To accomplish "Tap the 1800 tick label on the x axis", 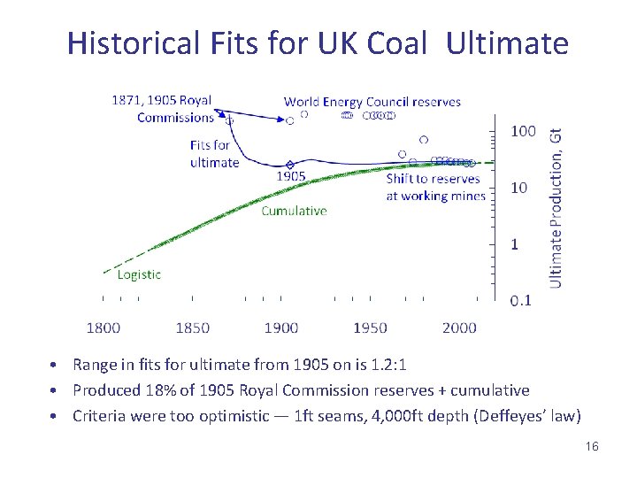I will click(x=104, y=328).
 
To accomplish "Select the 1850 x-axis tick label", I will click(x=192, y=328).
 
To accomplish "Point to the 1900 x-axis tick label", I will click(x=281, y=328).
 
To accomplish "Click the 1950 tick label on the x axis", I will click(x=370, y=328).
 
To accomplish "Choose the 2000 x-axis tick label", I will click(x=459, y=328).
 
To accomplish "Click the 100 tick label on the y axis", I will click(x=523, y=131).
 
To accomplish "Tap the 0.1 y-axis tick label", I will click(x=521, y=301).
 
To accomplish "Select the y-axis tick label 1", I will click(x=515, y=244).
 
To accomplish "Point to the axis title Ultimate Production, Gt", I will click(x=556, y=205).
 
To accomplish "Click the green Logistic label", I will click(x=139, y=274).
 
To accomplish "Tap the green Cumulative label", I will click(x=294, y=211).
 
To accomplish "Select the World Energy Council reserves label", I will click(x=372, y=102).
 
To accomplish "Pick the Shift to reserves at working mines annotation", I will click(x=435, y=187).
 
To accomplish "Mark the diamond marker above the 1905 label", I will click(x=290, y=165).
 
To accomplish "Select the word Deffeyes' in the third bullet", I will click(x=499, y=416).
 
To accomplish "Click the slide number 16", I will click(x=592, y=446).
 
